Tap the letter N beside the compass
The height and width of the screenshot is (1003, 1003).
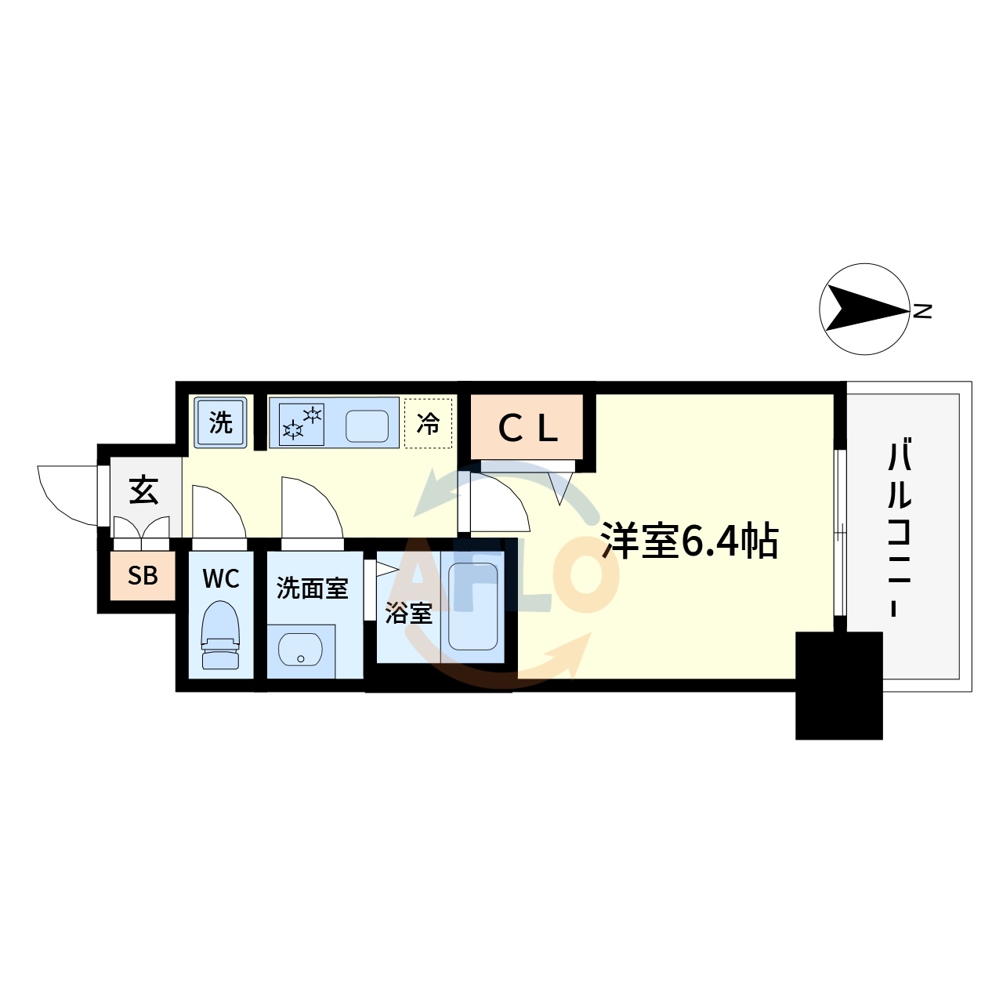pos(923,311)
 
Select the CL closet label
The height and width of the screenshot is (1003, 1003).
pos(527,428)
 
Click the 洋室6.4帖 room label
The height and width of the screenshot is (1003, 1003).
pos(690,541)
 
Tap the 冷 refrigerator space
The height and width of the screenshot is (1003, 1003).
pos(428,424)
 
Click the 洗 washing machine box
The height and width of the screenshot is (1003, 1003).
pos(221,422)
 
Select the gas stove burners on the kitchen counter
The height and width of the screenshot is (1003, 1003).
pos(302,423)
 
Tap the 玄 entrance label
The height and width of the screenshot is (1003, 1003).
pos(143,491)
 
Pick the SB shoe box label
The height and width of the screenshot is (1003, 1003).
pos(143,576)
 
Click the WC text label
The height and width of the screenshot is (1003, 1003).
pos(221,579)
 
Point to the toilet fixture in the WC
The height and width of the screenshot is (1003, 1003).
pos(220,635)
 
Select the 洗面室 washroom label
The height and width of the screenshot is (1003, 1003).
pos(312,588)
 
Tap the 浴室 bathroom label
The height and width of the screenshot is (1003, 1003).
pos(408,613)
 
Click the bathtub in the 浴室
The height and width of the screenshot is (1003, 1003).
pos(473,607)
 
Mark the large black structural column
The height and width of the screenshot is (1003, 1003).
pos(838,686)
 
